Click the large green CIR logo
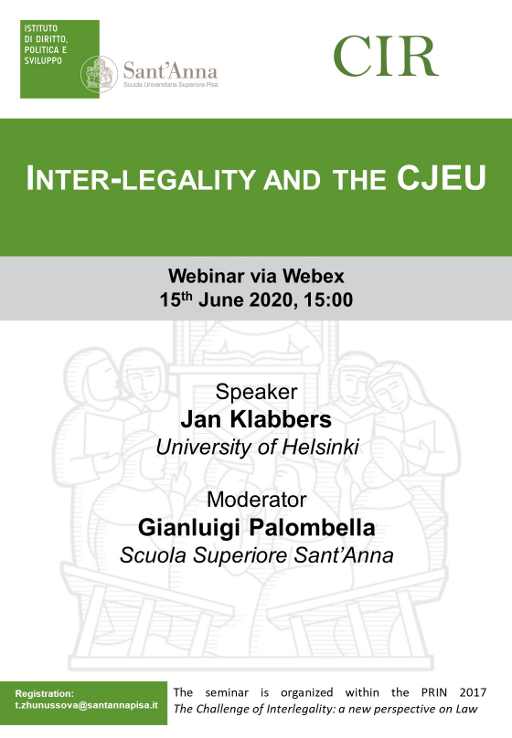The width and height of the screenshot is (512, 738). [x=386, y=56]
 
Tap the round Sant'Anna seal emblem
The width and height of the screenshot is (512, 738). [x=99, y=74]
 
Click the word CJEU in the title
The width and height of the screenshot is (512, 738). [x=441, y=178]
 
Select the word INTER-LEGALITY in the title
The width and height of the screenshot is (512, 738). [x=141, y=179]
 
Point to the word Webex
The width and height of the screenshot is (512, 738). [x=314, y=276]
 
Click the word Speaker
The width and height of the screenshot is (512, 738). [x=256, y=392]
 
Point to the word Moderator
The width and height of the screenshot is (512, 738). [x=256, y=500]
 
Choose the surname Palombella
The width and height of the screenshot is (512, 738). [x=312, y=528]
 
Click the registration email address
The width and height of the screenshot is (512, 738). [x=86, y=705]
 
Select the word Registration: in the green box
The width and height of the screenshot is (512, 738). [x=44, y=694]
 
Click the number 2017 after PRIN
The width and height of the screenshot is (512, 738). [x=473, y=692]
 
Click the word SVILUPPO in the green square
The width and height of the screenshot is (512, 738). [x=43, y=60]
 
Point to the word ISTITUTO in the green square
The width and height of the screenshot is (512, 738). [x=41, y=28]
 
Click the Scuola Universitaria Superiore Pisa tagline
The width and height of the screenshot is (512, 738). [x=170, y=85]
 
